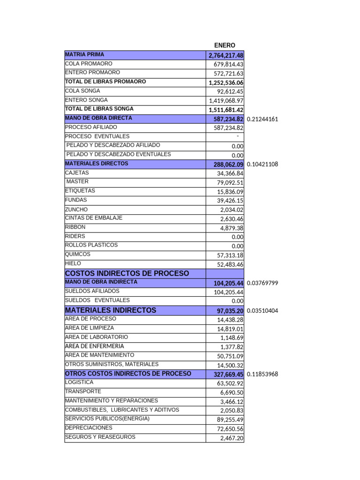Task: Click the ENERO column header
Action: coord(225,45)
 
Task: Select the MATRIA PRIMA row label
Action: coord(85,54)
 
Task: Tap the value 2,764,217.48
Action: coord(226,56)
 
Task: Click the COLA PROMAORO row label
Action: coord(89,63)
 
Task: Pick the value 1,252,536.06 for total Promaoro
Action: coord(226,83)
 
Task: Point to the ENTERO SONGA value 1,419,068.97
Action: coord(226,101)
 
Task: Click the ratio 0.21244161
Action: coord(262,119)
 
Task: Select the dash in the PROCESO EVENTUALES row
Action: coord(238,136)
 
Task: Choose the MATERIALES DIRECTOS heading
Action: coord(97,164)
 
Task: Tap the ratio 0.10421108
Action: coord(262,165)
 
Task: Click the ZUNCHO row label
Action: coord(76,210)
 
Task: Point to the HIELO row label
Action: coord(73,263)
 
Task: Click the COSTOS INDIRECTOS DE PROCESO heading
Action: coord(127,273)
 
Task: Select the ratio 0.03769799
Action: coord(262,283)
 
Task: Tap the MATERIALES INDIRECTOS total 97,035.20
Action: coord(230,311)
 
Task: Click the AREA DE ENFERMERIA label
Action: coord(97,346)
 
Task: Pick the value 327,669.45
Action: coord(228,375)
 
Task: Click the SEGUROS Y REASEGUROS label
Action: coord(100,437)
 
